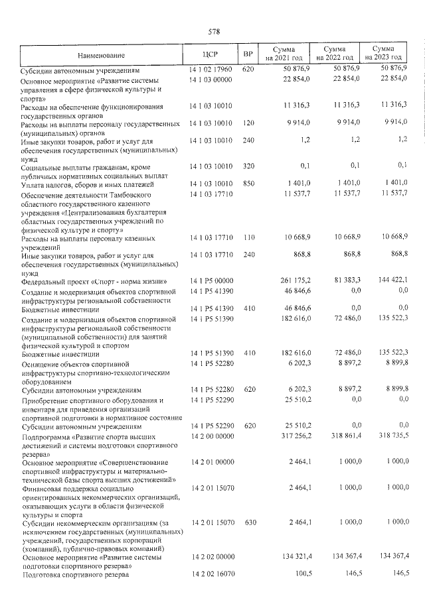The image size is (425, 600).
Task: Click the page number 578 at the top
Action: point(214,31)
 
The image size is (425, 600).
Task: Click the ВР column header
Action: point(248,54)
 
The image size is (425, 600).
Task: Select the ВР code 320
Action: point(248,165)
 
